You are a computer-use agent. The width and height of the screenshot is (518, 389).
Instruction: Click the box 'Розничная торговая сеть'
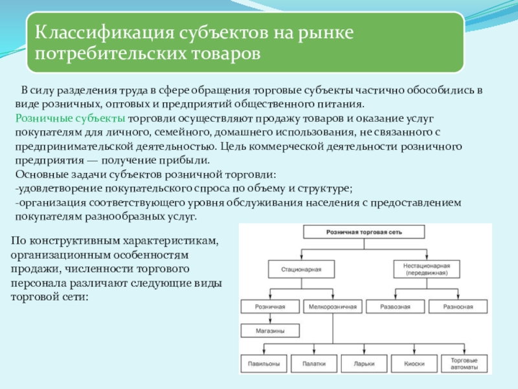[x=365, y=231]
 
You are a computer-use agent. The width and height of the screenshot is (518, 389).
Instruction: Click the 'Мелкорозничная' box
[x=333, y=305]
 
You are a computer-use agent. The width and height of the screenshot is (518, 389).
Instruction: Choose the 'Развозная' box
[x=395, y=305]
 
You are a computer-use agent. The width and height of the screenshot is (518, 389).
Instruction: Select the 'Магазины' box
[x=270, y=330]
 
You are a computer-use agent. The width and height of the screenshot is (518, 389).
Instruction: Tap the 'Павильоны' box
[x=264, y=364]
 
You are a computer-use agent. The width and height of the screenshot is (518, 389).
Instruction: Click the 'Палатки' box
[x=314, y=364]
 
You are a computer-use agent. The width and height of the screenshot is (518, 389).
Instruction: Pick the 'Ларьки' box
[x=365, y=364]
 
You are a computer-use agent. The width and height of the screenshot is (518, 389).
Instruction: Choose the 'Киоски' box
[x=414, y=364]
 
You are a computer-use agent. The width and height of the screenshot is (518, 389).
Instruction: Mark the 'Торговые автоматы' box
[x=464, y=364]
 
